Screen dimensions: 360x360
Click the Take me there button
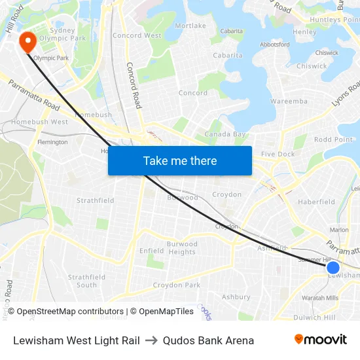pyautogui.click(x=180, y=160)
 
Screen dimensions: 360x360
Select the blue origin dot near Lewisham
pyautogui.click(x=333, y=267)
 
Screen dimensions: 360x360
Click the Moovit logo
pyautogui.click(x=320, y=340)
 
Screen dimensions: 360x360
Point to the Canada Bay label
pyautogui.click(x=225, y=134)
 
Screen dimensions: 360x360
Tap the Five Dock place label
pyautogui.click(x=278, y=154)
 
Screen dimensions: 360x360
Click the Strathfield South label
pyautogui.click(x=86, y=281)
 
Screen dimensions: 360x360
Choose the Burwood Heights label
pyautogui.click(x=181, y=248)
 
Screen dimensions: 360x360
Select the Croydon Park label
pyautogui.click(x=176, y=285)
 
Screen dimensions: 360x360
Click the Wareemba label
pyautogui.click(x=289, y=101)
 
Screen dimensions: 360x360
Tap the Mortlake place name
pyautogui.click(x=190, y=26)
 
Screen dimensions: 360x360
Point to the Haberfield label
pyautogui.click(x=316, y=202)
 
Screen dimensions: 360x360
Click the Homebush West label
pyautogui.click(x=39, y=122)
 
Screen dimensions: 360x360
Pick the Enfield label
pyautogui.click(x=151, y=251)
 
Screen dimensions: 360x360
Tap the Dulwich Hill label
pyautogui.click(x=315, y=317)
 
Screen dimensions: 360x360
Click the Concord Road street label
pyautogui.click(x=134, y=86)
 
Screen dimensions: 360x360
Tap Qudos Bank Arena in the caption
pyautogui.click(x=208, y=340)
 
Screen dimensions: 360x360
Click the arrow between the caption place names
pyautogui.click(x=151, y=340)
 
